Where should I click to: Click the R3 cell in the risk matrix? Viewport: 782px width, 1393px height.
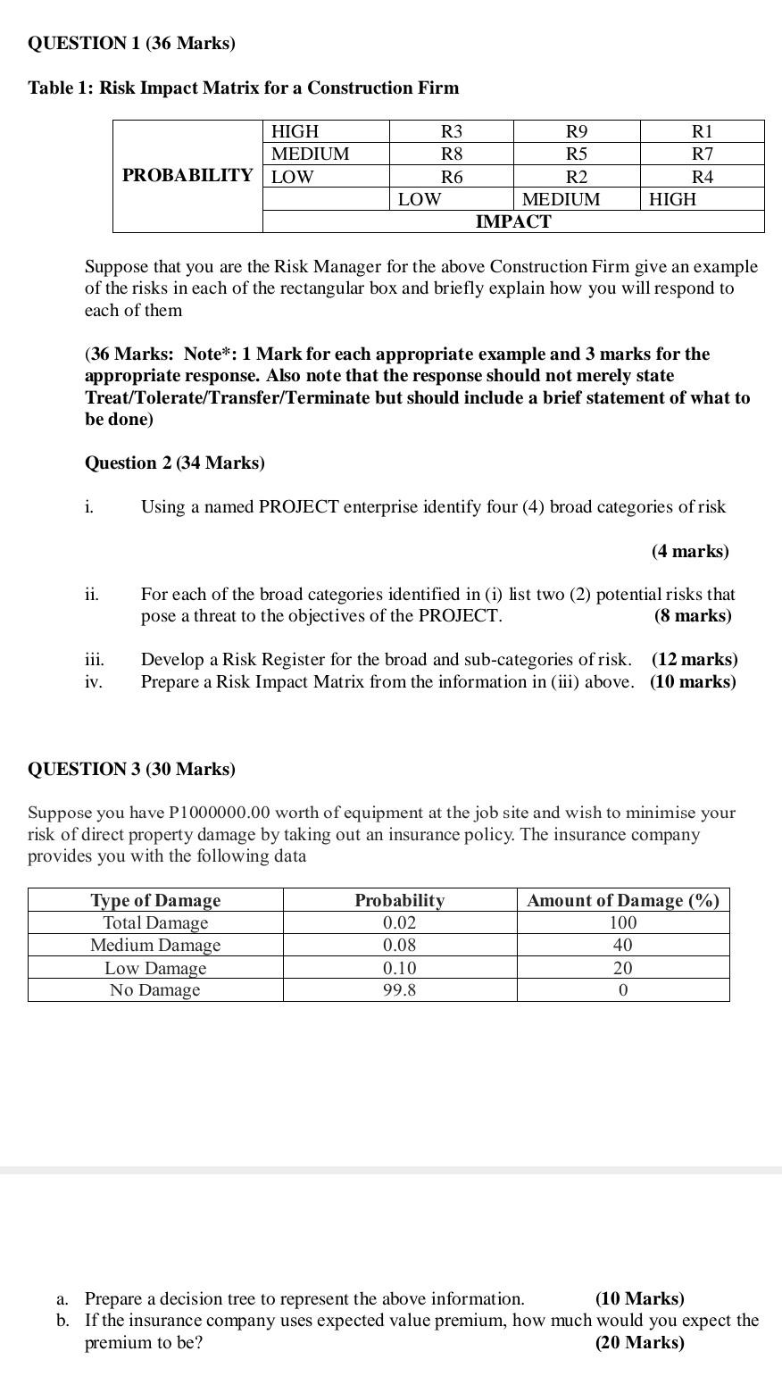tap(452, 131)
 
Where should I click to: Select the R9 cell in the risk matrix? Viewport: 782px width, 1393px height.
tap(578, 131)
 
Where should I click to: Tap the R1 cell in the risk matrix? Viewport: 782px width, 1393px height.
tap(703, 131)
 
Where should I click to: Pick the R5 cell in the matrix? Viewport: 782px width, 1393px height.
tap(578, 154)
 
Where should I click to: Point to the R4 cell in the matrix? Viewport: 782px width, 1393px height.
tap(703, 177)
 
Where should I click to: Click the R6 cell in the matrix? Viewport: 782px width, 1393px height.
tap(452, 177)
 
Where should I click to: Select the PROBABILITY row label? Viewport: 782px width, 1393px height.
tap(187, 175)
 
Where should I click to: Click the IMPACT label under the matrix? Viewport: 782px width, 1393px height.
tap(513, 221)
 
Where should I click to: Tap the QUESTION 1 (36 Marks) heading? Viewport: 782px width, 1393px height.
tap(132, 43)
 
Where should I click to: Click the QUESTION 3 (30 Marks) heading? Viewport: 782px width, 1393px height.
tap(132, 769)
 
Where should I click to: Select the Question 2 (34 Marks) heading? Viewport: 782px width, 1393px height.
tap(175, 463)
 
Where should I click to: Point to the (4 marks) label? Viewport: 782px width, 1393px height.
tap(690, 551)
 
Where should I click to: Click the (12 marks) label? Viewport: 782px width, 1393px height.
tap(695, 659)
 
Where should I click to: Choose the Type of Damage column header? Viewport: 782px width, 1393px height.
tap(155, 900)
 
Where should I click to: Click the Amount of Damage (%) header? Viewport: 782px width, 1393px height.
tap(623, 900)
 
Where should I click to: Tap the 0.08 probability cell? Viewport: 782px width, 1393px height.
tap(399, 945)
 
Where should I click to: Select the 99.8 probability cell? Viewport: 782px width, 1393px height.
tap(399, 989)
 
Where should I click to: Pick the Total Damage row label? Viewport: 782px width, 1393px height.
tap(155, 922)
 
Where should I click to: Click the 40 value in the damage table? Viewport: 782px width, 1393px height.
tap(623, 945)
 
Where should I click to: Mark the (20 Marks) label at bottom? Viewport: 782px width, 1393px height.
tap(640, 1342)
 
